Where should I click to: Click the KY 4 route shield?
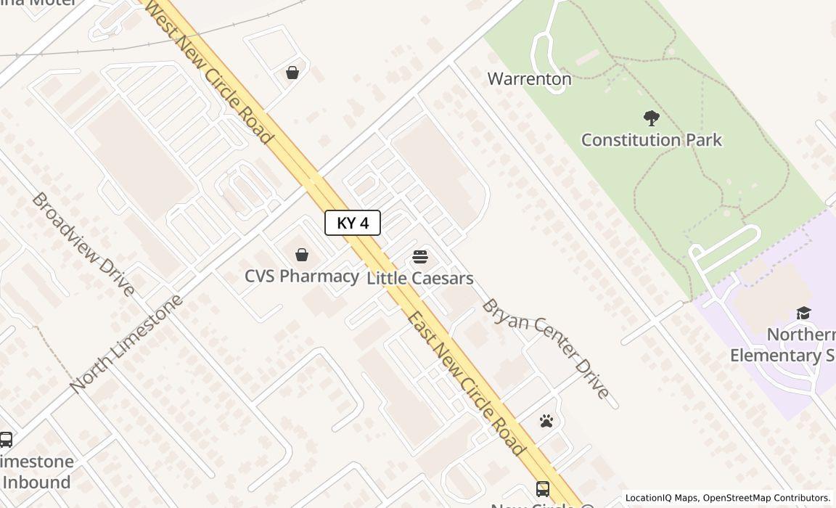tap(352, 223)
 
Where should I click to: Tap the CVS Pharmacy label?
tap(301, 276)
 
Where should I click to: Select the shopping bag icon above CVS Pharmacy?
tap(302, 255)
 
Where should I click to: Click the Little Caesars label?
tap(419, 278)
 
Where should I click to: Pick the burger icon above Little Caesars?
tap(419, 257)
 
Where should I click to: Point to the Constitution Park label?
tap(651, 139)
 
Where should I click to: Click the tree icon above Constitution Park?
tap(651, 118)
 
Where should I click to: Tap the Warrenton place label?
tap(529, 78)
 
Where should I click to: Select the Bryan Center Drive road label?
tap(546, 348)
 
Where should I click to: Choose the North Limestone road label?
tap(127, 343)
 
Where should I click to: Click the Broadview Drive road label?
tap(83, 244)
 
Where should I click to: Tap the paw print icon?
tap(546, 421)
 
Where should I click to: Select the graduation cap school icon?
tap(803, 313)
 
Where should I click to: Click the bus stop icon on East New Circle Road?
tap(543, 488)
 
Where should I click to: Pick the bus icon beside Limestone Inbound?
tap(6, 440)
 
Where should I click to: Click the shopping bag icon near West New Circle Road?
tap(292, 73)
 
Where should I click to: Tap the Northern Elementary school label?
tap(783, 345)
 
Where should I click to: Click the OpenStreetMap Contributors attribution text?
tap(766, 498)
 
